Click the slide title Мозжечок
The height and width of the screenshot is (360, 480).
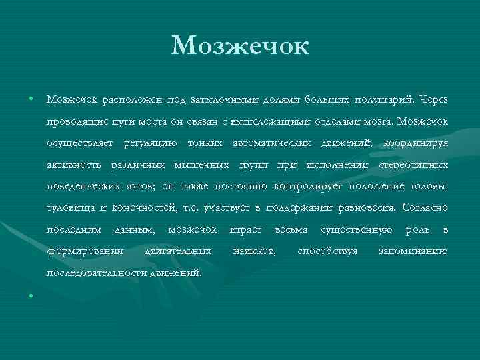239,46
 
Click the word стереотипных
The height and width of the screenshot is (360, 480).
413,165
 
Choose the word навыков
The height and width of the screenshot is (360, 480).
254,251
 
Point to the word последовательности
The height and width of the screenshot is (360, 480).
97,273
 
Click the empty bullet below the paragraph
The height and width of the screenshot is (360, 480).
31,295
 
